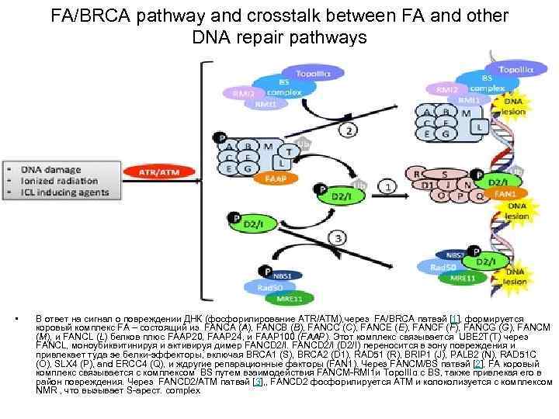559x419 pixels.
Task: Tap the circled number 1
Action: pos(384,187)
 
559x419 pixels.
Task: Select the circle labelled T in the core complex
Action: pos(289,151)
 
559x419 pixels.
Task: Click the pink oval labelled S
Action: pos(444,174)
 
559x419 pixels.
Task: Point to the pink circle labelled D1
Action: pos(426,185)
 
